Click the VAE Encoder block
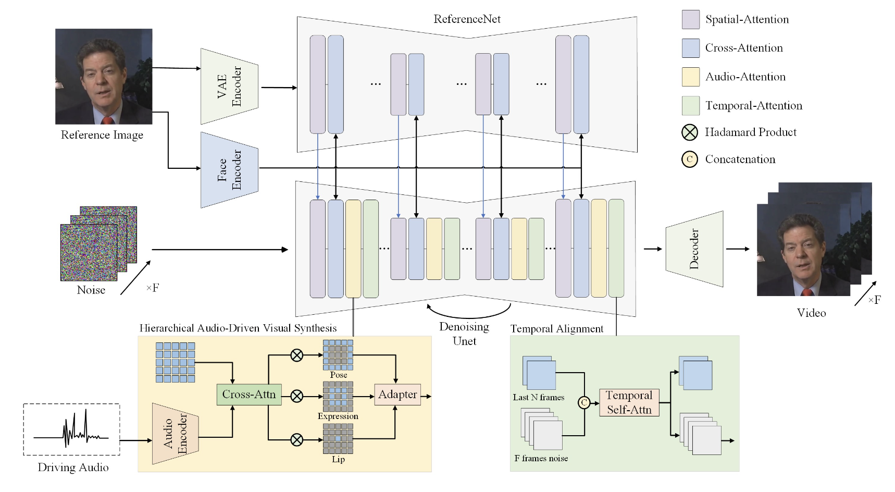[229, 87]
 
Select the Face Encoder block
[229, 170]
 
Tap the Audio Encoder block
[175, 434]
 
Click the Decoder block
[694, 249]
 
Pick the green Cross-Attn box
[249, 395]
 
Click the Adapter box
[397, 395]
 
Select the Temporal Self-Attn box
[629, 402]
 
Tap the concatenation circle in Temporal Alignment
[584, 402]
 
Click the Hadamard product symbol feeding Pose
[296, 355]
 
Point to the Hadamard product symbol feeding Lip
[296, 440]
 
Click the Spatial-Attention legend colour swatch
[691, 19]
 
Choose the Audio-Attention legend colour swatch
[691, 77]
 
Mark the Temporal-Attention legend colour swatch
[691, 105]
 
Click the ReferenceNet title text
[467, 19]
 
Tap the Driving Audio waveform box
[71, 429]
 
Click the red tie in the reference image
[107, 120]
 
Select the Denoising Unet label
[464, 334]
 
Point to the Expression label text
[338, 416]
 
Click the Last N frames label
[539, 397]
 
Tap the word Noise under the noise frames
[91, 290]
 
